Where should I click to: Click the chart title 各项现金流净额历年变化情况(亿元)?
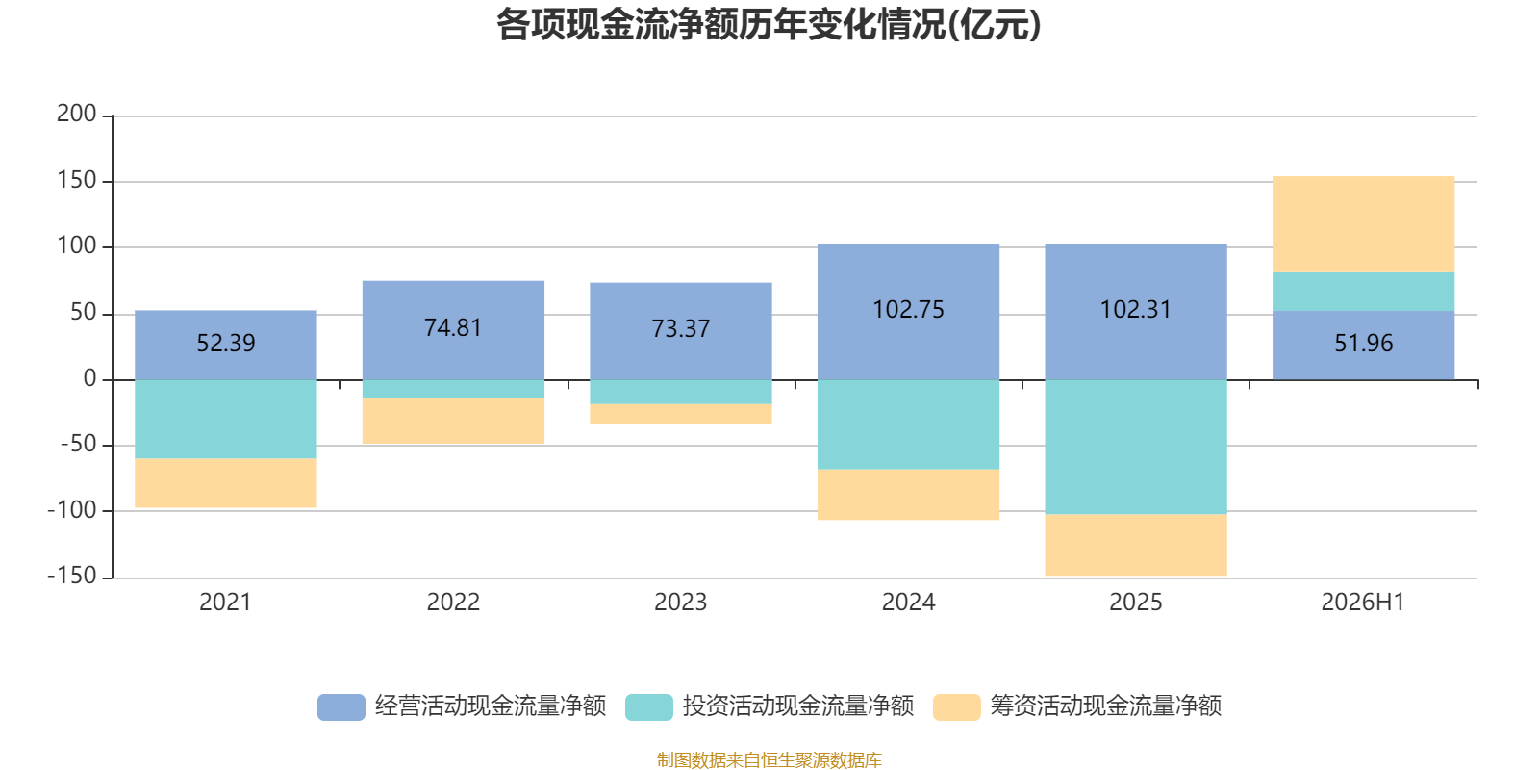click(769, 25)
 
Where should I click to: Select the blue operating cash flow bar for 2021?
click(225, 346)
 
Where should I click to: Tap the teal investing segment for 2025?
click(1136, 447)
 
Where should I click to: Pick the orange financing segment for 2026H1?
click(1363, 224)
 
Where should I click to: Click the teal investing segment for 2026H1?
click(1363, 292)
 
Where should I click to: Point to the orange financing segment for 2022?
click(453, 421)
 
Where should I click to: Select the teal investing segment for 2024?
click(908, 424)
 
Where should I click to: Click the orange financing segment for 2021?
click(225, 482)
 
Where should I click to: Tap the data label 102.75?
click(908, 309)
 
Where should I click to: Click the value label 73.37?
click(681, 328)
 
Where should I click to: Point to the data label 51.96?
click(1364, 343)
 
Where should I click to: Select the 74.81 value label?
click(453, 328)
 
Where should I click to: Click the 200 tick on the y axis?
click(76, 114)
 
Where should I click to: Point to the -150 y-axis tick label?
click(72, 576)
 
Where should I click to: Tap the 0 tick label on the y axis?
click(90, 378)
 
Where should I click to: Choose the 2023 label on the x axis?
click(680, 603)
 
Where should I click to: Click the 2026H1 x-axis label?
click(1363, 603)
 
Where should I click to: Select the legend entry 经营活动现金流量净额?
click(462, 706)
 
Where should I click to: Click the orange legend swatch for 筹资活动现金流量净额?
click(956, 707)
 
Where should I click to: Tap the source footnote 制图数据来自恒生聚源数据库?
click(769, 759)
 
